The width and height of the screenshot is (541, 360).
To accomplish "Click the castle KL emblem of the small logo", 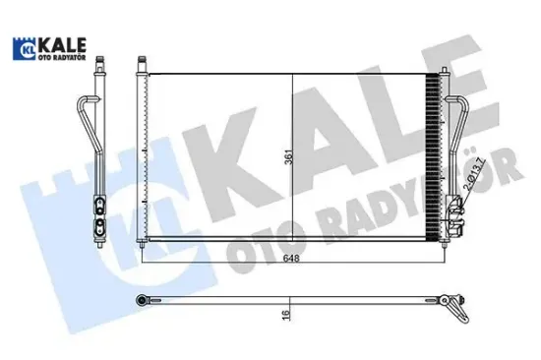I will click(21, 47).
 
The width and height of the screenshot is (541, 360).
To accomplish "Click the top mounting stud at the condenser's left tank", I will click(141, 65).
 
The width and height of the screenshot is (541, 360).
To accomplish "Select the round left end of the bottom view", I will click(142, 299).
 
